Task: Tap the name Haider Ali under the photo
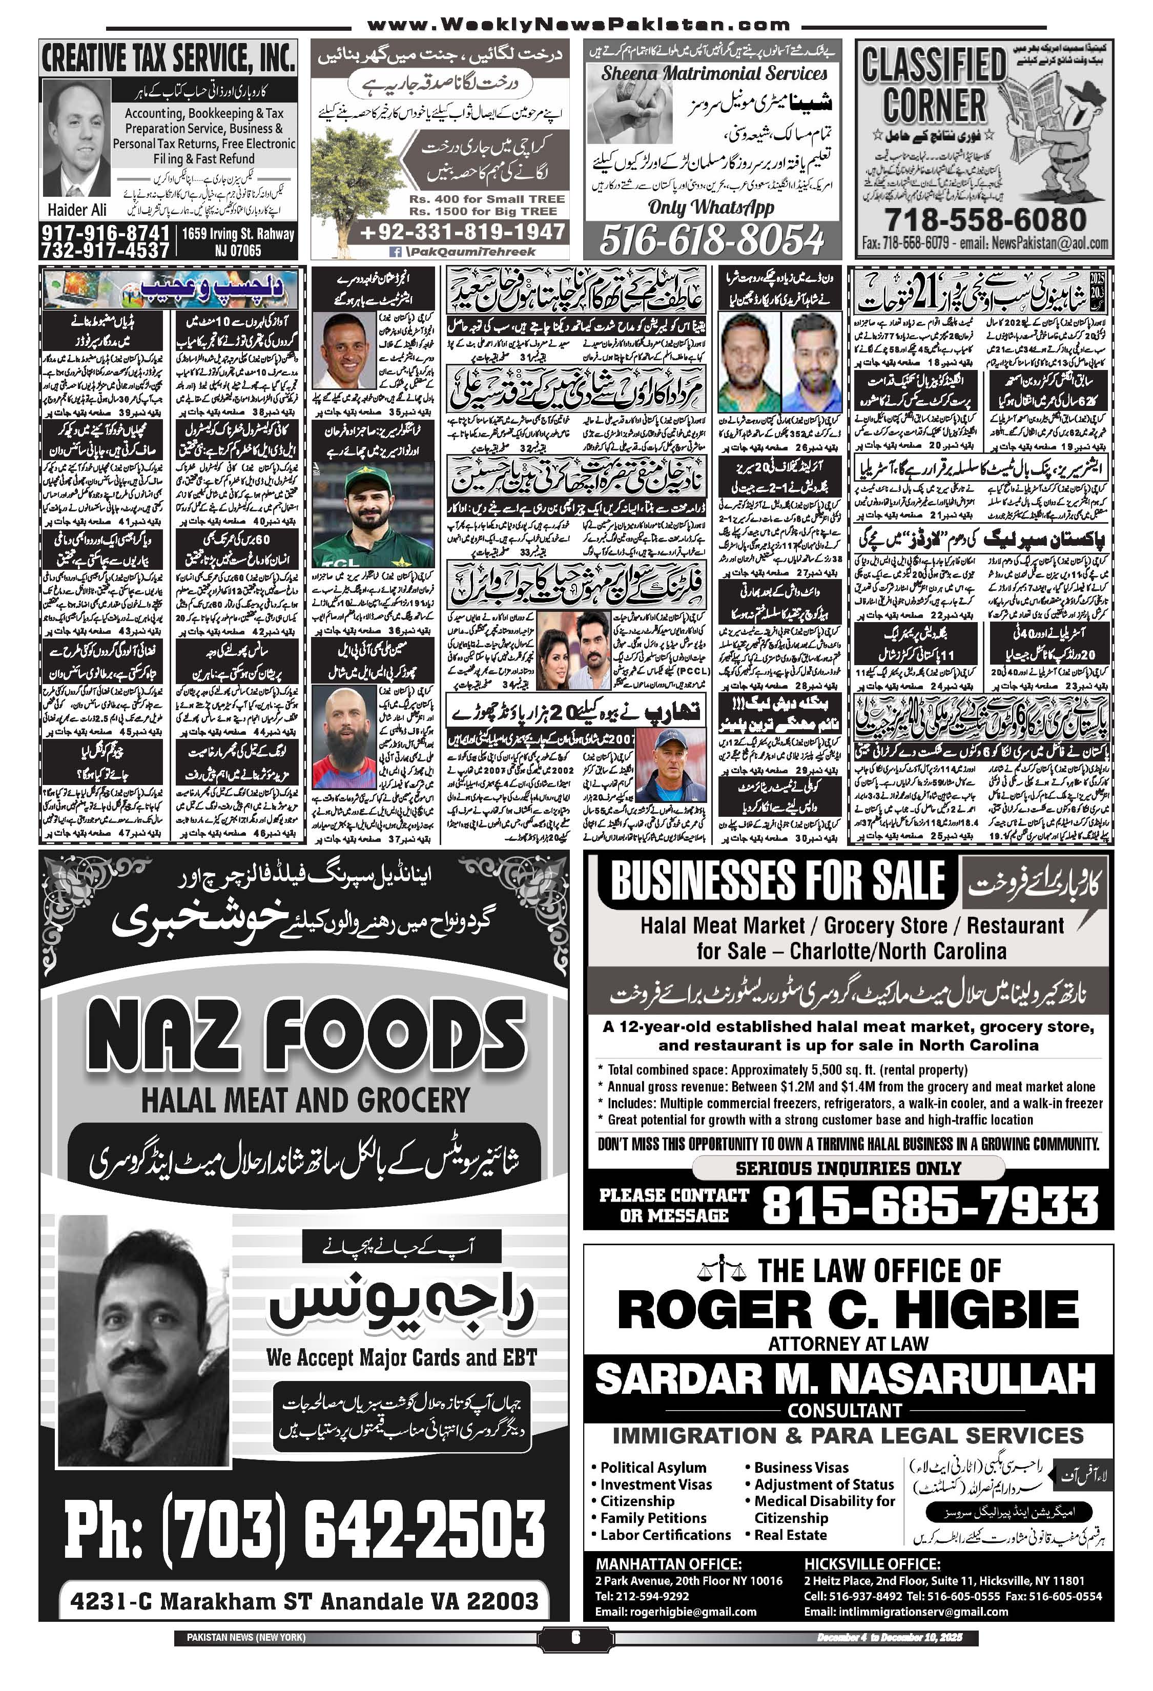tap(76, 210)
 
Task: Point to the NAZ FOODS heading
tap(305, 1036)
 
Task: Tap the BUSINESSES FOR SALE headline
tap(777, 881)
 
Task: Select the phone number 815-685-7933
tap(930, 1206)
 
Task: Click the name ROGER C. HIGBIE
tap(848, 1310)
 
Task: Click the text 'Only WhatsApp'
tap(711, 208)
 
